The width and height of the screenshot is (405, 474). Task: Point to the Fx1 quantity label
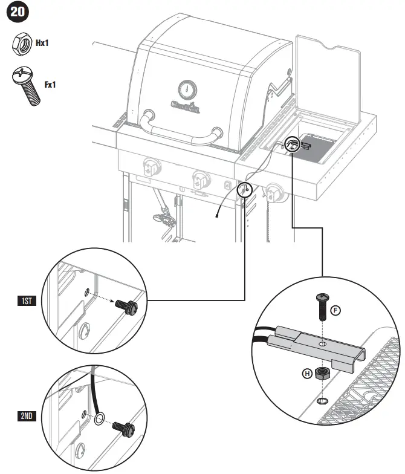coord(50,85)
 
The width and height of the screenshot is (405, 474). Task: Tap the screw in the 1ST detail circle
coord(126,307)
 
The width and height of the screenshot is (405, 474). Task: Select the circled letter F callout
coord(336,311)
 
